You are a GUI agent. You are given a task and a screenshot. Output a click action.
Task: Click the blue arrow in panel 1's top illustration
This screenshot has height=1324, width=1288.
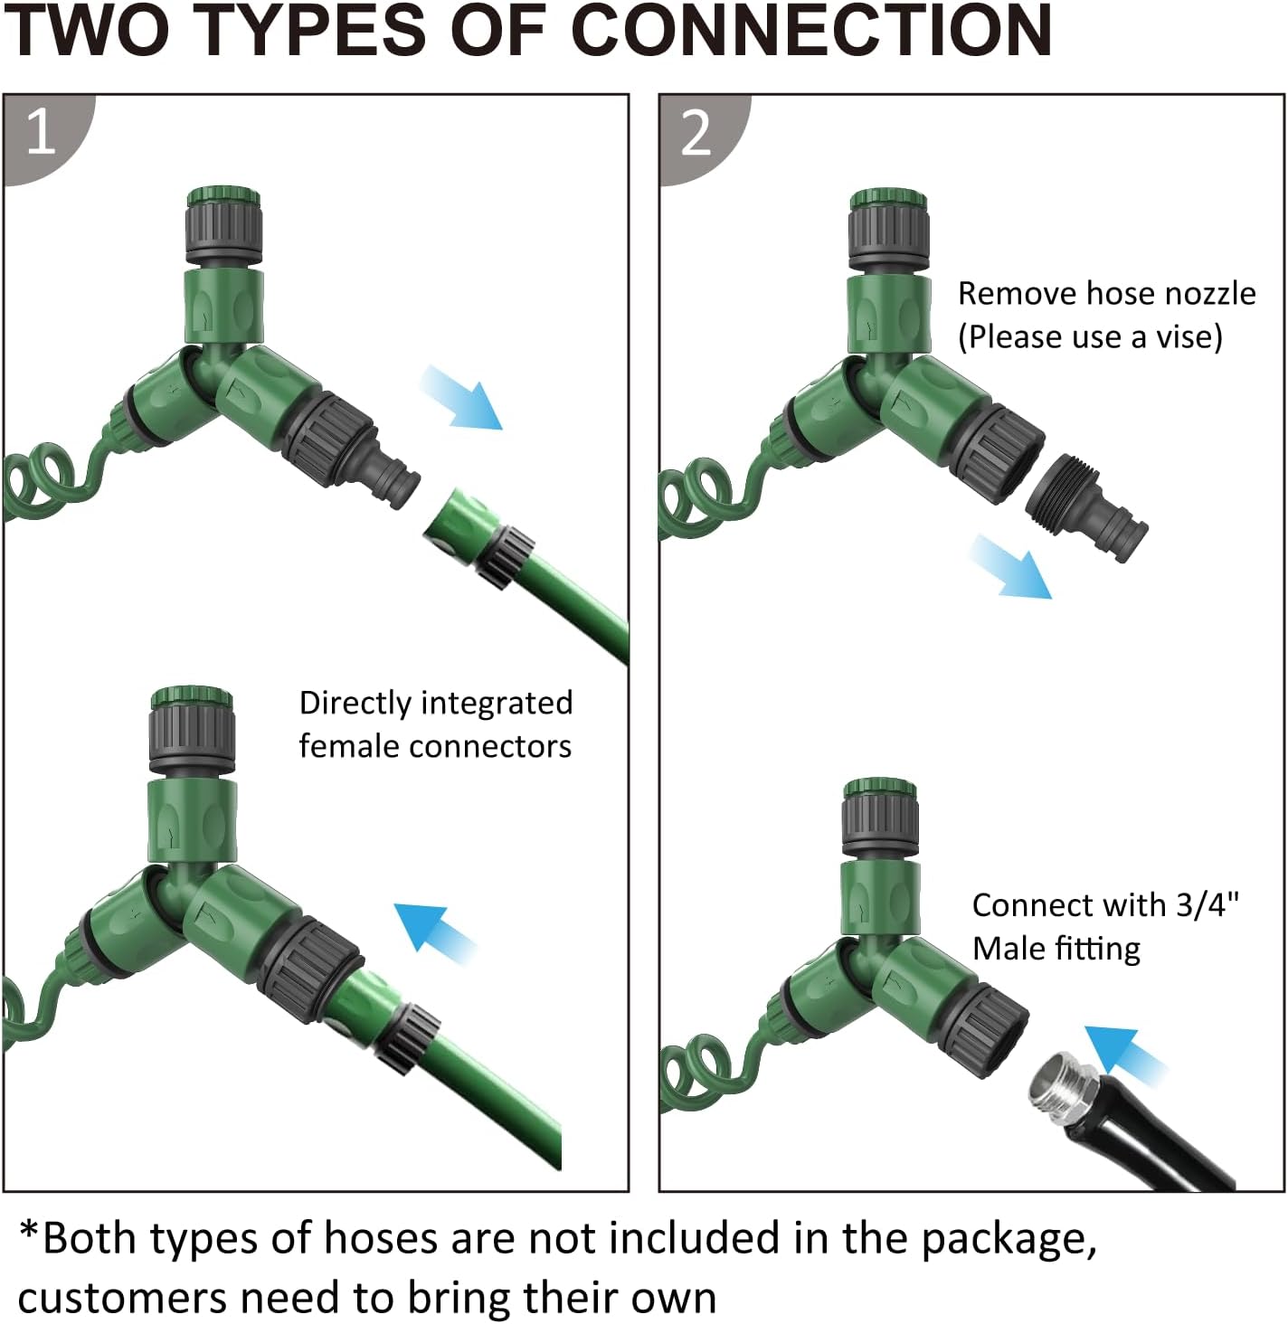pyautogui.click(x=460, y=398)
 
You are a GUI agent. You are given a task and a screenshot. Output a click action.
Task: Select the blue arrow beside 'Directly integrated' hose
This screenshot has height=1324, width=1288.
pyautogui.click(x=435, y=933)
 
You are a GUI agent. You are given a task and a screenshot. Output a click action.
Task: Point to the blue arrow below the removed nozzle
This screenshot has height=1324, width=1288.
pyautogui.click(x=1011, y=567)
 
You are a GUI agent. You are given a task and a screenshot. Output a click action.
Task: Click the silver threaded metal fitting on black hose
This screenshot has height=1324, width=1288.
pyautogui.click(x=1063, y=1089)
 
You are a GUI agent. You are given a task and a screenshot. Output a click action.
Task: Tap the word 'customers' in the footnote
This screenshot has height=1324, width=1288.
pyautogui.click(x=122, y=1298)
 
